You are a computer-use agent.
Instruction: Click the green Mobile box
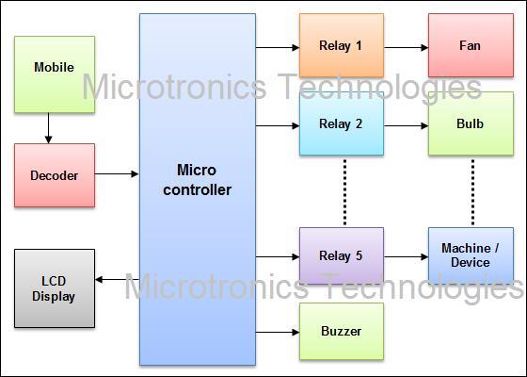pos(55,74)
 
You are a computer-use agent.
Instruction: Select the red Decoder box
pos(55,175)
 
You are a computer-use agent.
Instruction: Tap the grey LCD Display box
pos(55,288)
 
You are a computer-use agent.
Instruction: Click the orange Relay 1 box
pos(342,45)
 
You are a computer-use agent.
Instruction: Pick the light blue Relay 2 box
pos(342,123)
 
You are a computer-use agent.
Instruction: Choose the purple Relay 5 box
pos(342,255)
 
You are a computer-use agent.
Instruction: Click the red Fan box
pos(471,45)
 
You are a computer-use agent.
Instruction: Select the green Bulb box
pos(471,123)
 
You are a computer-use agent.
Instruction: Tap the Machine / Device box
pos(471,255)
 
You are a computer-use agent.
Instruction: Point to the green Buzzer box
pos(342,331)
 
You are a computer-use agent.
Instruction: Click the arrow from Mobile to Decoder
pos(48,128)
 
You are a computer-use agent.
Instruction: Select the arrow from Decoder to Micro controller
pos(117,174)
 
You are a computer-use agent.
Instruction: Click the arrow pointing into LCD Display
pos(118,279)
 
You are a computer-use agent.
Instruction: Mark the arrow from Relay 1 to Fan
pos(406,47)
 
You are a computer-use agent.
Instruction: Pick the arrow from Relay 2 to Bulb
pos(406,126)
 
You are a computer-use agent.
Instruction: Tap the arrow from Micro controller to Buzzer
pos(278,332)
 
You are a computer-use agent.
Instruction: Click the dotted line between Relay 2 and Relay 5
pos(344,192)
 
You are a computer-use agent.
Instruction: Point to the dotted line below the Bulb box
pos(472,192)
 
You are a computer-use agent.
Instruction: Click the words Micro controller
pos(198,180)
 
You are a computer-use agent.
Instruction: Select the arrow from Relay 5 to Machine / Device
pos(406,256)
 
